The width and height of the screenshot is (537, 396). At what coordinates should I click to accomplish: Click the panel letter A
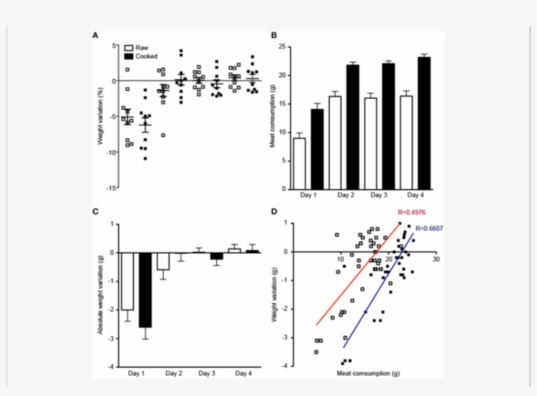click(96, 35)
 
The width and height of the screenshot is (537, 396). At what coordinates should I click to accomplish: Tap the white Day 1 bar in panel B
click(299, 163)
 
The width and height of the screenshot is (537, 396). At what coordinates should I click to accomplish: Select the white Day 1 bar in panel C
click(127, 281)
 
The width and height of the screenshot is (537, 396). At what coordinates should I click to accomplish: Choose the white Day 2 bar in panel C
click(162, 261)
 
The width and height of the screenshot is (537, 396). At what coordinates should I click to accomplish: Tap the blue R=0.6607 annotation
click(430, 228)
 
